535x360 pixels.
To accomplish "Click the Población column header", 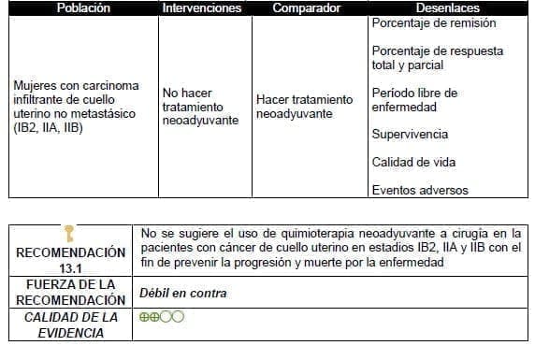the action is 82,8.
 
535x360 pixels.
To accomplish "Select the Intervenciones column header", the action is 201,8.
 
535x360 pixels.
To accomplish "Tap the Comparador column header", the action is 305,8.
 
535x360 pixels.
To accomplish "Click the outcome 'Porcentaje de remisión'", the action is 433,23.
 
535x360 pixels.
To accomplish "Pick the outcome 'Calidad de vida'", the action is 413,163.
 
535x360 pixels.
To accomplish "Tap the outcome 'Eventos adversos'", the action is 419,190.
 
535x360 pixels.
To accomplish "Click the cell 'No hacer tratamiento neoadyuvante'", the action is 200,108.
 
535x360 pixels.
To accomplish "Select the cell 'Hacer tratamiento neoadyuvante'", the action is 304,106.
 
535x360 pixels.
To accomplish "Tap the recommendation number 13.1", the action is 70,266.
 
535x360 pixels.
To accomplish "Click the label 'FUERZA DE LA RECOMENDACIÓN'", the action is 70,292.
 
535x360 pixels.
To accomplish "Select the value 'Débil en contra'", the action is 182,294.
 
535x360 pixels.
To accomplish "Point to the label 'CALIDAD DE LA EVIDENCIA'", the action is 70,324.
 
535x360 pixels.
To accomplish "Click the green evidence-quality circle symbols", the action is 161,316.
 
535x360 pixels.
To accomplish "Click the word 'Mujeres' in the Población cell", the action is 35,86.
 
